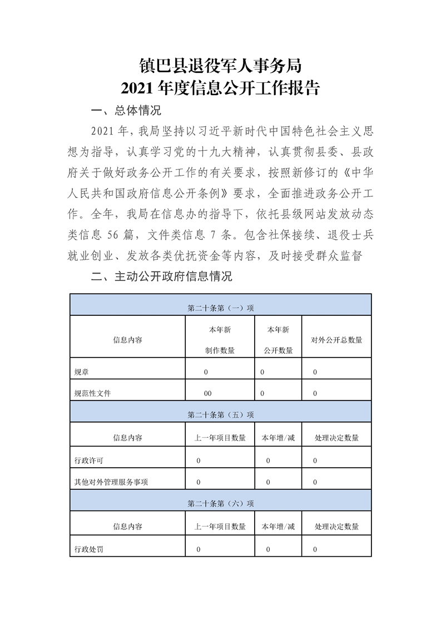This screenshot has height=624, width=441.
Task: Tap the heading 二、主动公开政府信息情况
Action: pyautogui.click(x=161, y=276)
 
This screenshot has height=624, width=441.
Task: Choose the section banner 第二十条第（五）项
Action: pyautogui.click(x=220, y=414)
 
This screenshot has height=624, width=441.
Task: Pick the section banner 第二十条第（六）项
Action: pyautogui.click(x=220, y=503)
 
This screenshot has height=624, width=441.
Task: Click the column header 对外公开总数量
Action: pyautogui.click(x=336, y=339)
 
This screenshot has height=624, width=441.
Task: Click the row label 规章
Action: pyautogui.click(x=81, y=372)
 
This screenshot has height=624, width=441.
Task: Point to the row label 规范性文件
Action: pyautogui.click(x=92, y=393)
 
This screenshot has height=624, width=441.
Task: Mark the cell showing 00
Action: pyautogui.click(x=207, y=393)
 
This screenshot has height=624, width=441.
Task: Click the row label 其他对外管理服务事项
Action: pyautogui.click(x=111, y=482)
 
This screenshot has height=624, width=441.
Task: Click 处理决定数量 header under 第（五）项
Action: pyautogui.click(x=336, y=438)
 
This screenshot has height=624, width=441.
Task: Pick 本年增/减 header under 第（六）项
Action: pyautogui.click(x=278, y=527)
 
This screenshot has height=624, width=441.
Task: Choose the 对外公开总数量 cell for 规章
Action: pyautogui.click(x=315, y=372)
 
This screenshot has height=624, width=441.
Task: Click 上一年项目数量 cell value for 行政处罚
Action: pyautogui.click(x=199, y=549)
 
